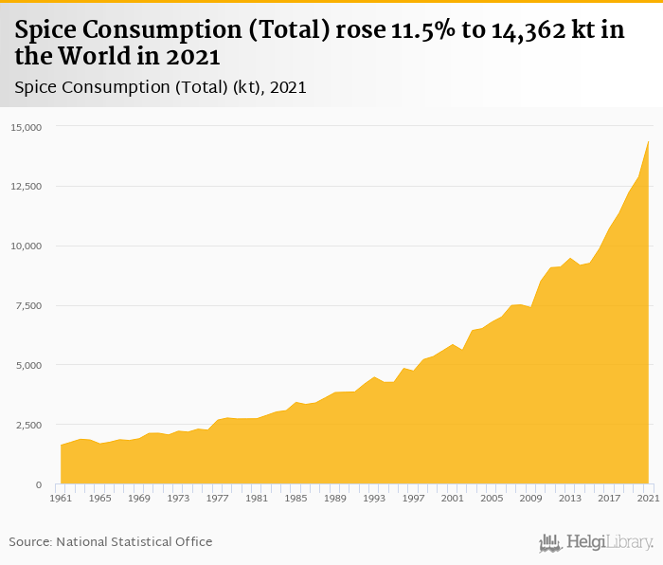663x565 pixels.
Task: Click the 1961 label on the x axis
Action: [x=61, y=497]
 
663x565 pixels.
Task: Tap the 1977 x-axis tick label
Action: [x=217, y=497]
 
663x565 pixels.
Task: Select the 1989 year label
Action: [x=334, y=497]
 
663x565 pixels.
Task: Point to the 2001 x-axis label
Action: [x=452, y=497]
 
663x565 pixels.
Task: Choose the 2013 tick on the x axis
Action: [x=569, y=497]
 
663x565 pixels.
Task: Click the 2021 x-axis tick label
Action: [x=647, y=497]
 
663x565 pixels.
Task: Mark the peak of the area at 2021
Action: [x=648, y=141]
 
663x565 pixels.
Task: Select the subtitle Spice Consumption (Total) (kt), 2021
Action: [x=160, y=87]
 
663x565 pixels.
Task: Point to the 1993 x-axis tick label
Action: [x=374, y=497]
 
